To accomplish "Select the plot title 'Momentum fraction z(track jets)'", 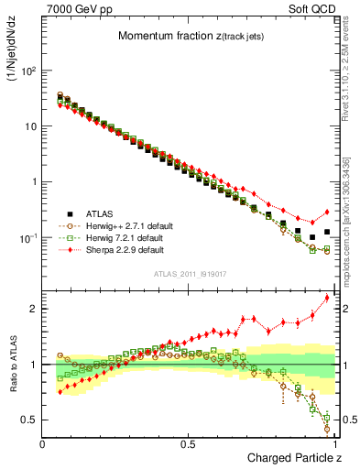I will [189, 36].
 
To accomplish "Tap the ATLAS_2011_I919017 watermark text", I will [189, 274].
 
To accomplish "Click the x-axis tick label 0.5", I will [189, 442].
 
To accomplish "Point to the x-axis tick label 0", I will [43, 442].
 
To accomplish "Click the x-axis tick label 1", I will [334, 442].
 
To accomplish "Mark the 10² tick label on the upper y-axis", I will [27, 71].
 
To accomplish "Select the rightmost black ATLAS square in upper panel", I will [327, 232].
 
